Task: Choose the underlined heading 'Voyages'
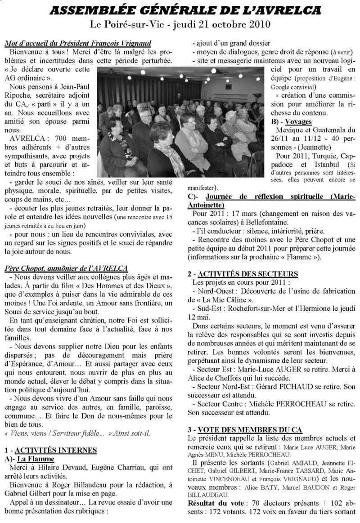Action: (301, 121)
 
